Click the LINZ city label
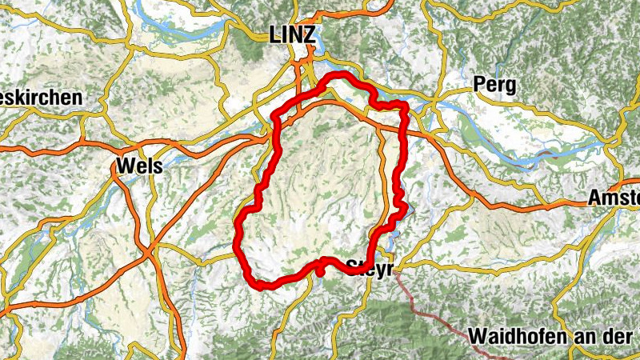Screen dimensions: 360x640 click(294, 34)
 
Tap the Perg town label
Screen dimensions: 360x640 click(494, 84)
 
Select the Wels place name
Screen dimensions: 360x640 click(139, 166)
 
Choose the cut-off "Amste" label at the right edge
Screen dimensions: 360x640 click(614, 198)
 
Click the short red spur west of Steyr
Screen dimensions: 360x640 click(320, 270)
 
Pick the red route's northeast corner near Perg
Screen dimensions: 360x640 click(404, 106)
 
